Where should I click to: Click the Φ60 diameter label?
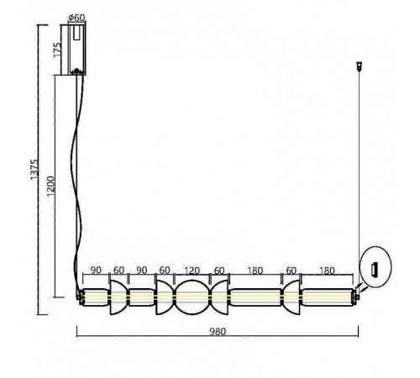click(76, 18)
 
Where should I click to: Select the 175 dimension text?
click(57, 50)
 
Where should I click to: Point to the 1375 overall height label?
click(34, 170)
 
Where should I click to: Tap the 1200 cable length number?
click(50, 186)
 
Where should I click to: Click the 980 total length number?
click(218, 332)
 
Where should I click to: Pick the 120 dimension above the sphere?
click(192, 270)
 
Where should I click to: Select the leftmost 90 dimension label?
click(96, 270)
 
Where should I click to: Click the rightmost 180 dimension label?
click(327, 270)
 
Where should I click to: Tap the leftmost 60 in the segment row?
click(118, 270)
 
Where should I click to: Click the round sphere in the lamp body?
click(192, 297)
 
